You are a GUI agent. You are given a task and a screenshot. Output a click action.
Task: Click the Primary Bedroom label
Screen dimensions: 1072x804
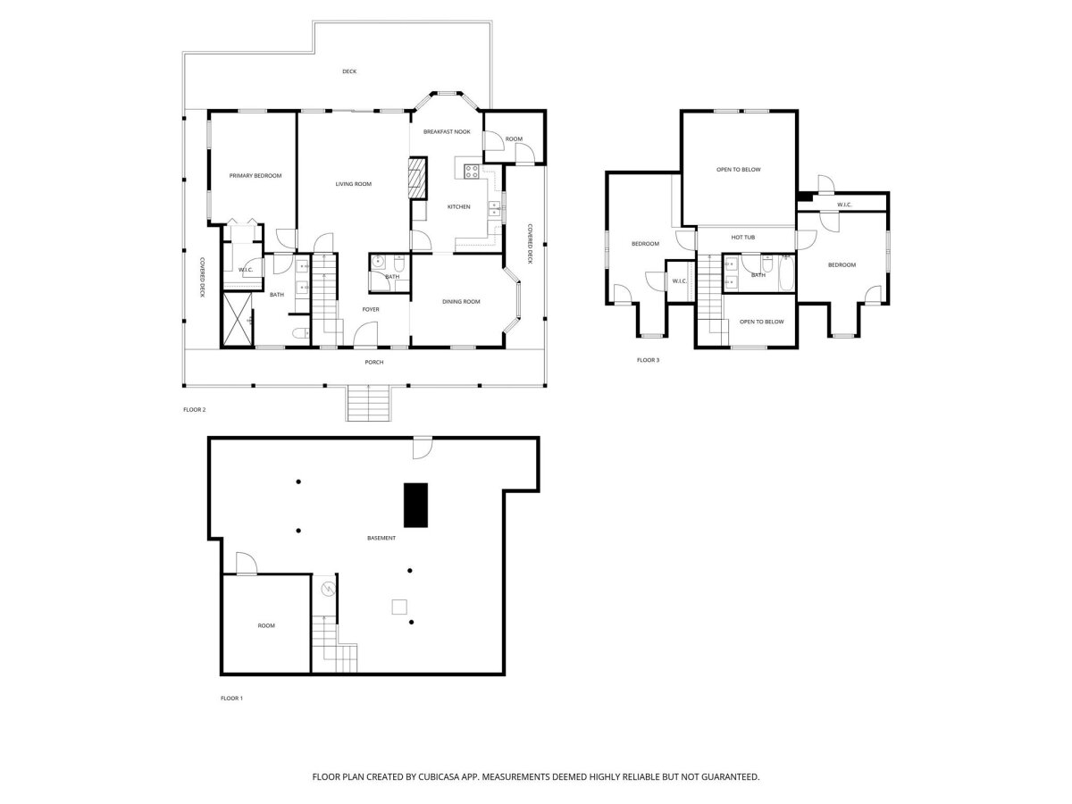tap(255, 176)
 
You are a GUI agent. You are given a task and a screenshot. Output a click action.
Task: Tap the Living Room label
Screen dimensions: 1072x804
tap(354, 184)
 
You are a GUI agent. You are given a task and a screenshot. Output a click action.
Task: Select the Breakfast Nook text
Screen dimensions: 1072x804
tap(447, 132)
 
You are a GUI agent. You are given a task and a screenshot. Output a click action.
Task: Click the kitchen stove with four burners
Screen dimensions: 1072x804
tap(472, 171)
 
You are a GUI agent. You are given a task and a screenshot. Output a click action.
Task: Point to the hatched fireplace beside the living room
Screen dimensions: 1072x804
tap(417, 177)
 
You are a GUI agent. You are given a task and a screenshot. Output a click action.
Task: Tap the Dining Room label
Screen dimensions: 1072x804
tap(461, 302)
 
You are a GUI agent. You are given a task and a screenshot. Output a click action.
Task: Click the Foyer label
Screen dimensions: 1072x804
tap(371, 309)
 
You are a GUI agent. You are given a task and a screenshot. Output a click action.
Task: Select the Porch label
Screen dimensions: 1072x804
tap(374, 362)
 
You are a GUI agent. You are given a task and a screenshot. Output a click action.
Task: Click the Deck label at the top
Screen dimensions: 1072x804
tap(349, 71)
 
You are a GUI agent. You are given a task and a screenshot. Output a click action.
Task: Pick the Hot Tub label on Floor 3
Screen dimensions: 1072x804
tap(743, 238)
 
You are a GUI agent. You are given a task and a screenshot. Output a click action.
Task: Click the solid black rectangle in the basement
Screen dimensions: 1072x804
tap(415, 506)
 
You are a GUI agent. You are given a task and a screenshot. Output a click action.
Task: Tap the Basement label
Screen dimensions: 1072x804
tap(381, 538)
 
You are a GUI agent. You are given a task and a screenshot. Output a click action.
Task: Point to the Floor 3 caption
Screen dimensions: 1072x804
tap(648, 360)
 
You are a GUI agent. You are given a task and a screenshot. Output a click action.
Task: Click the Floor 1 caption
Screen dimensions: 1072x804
tap(231, 698)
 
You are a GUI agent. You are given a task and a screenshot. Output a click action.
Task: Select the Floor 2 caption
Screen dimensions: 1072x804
tap(195, 409)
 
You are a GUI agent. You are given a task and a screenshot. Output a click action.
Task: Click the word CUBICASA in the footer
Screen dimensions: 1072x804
tap(439, 776)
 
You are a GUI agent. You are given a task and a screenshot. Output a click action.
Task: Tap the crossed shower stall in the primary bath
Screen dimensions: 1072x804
tap(238, 319)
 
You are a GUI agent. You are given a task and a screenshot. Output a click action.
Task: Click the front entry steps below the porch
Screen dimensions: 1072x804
tap(368, 403)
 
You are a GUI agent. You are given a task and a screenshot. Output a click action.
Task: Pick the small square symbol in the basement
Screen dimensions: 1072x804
tap(399, 607)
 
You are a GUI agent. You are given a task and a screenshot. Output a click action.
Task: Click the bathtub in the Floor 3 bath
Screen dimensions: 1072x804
tap(787, 273)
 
